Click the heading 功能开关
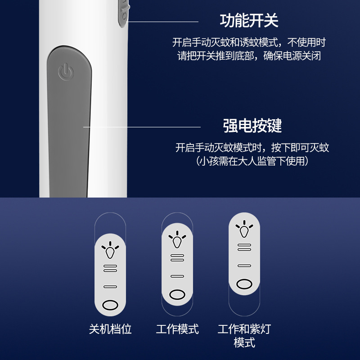[x=249, y=21]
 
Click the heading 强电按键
[x=252, y=126]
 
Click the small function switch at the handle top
[x=123, y=11]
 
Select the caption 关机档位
[x=110, y=329]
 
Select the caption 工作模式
[x=177, y=329]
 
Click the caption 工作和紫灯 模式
[x=244, y=335]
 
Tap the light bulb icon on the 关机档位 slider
[x=110, y=250]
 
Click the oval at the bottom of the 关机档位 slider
[x=110, y=305]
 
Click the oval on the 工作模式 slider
[x=177, y=294]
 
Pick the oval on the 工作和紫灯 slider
[x=244, y=283]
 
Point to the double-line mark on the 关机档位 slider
[x=110, y=268]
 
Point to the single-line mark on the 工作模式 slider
[x=177, y=276]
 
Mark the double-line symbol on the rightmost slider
[x=244, y=247]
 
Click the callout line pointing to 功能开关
[x=163, y=21]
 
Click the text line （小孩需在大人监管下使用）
[x=252, y=161]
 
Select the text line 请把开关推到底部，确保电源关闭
[x=249, y=56]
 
